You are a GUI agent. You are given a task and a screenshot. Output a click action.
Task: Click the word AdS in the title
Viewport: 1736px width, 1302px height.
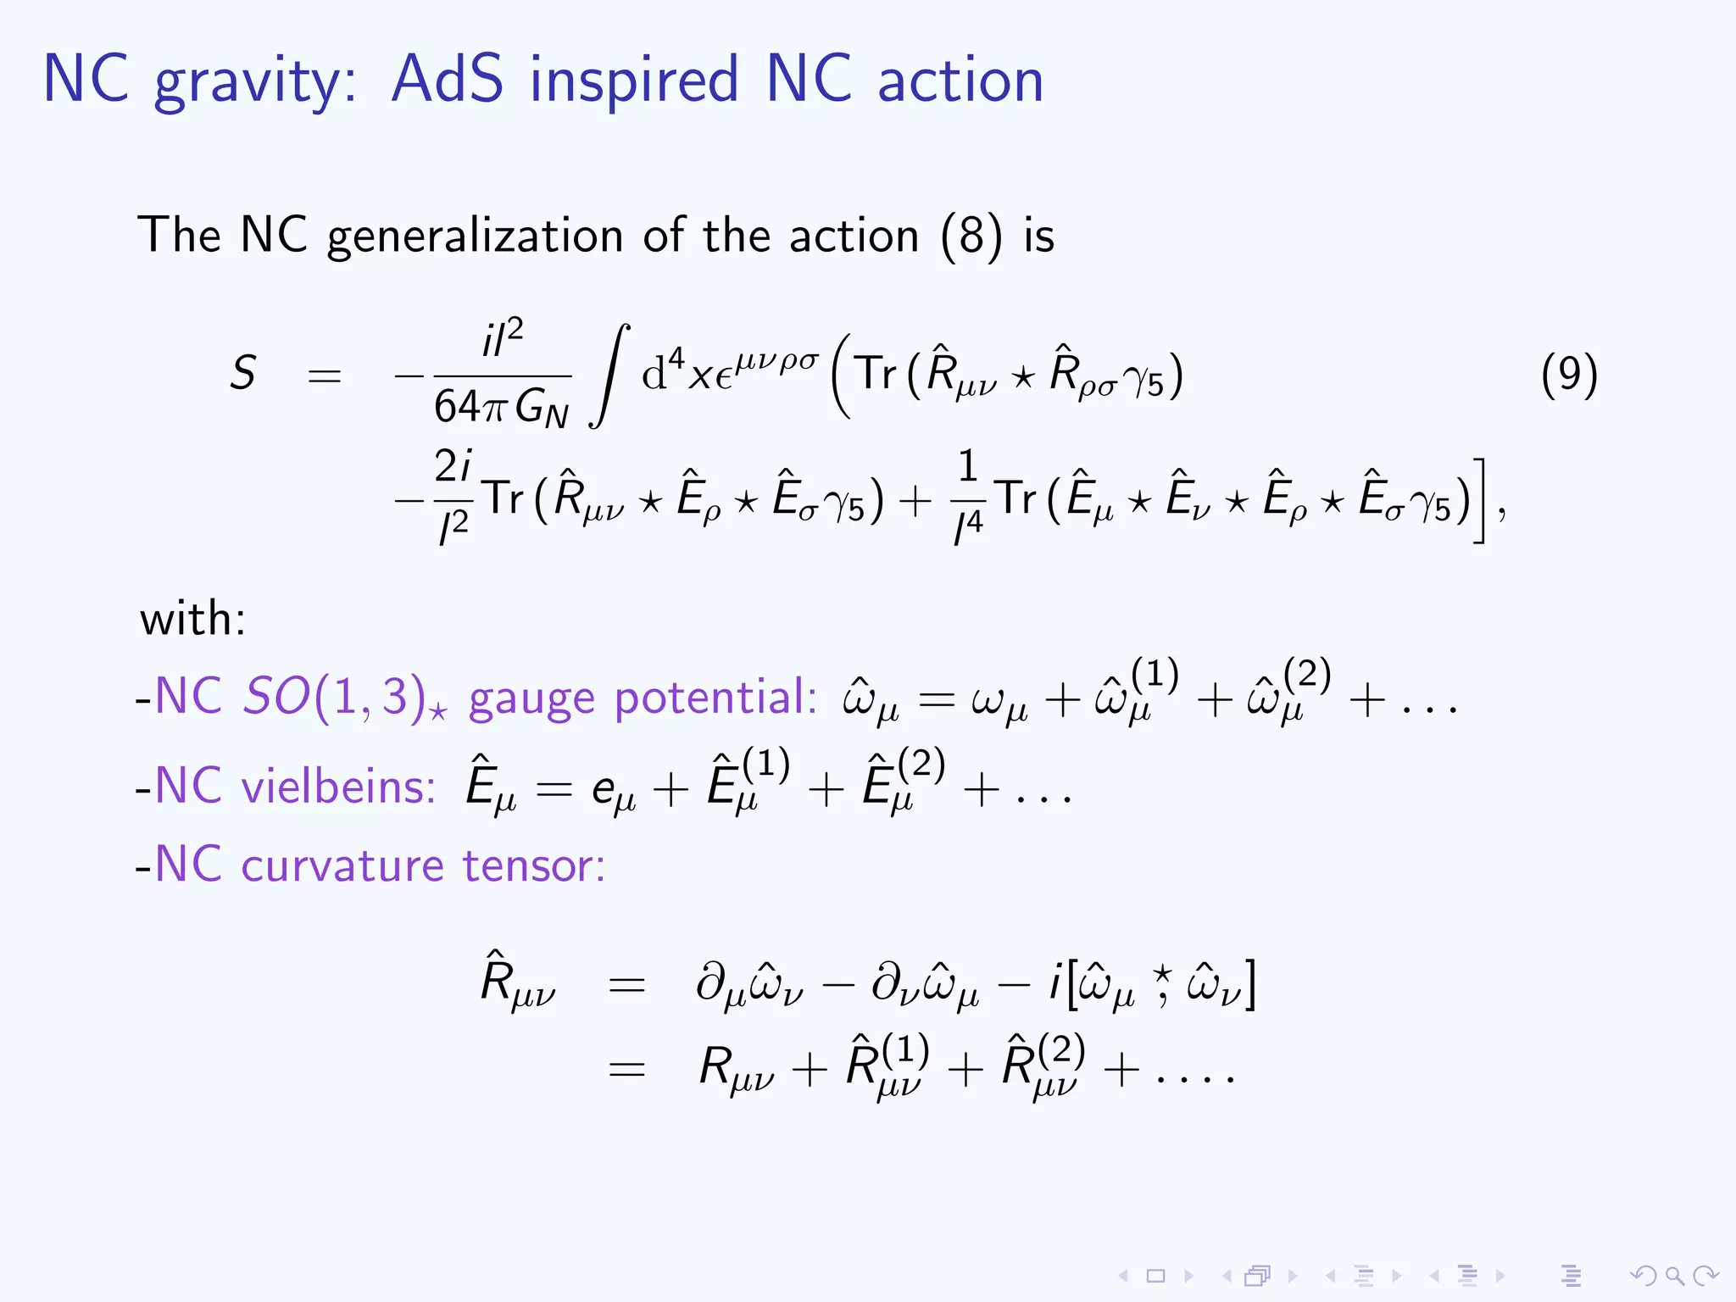(447, 79)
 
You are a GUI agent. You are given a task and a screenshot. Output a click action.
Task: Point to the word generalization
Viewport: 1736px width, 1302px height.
(475, 236)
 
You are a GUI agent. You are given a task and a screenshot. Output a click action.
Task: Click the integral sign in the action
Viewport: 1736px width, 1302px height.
(610, 376)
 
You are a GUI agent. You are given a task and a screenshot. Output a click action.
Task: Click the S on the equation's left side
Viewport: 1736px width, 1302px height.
(243, 373)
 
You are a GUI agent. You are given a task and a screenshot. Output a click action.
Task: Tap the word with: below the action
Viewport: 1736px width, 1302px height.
(193, 618)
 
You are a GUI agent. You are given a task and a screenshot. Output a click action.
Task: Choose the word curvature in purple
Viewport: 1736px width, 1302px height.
(342, 865)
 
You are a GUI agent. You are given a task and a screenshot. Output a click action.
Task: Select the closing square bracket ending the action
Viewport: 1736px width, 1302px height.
(1479, 500)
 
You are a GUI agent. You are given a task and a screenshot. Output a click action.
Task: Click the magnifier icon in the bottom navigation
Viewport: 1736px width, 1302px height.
(1673, 1276)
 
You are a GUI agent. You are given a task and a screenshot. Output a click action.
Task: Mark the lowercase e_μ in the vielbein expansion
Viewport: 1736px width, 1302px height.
(613, 791)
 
